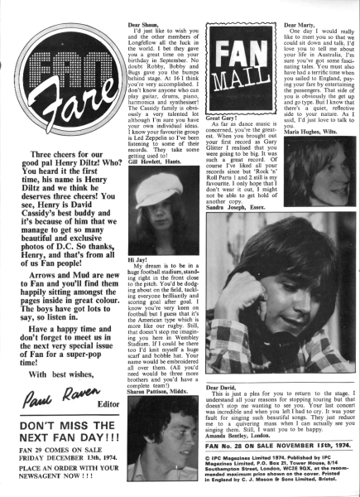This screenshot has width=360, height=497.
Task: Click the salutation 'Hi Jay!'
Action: point(137,259)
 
